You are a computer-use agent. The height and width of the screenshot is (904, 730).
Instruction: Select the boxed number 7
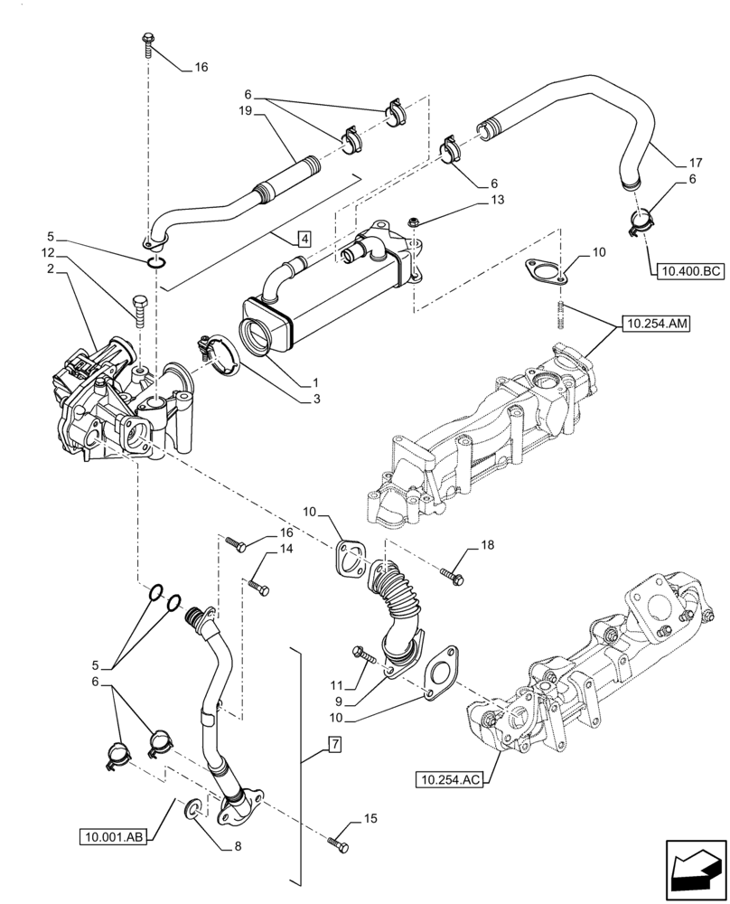pyautogui.click(x=333, y=745)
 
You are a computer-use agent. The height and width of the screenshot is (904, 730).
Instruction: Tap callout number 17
pyautogui.click(x=694, y=165)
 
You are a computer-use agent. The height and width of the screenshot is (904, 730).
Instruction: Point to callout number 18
pyautogui.click(x=488, y=545)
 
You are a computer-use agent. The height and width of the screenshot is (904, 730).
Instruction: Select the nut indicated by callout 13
pyautogui.click(x=411, y=221)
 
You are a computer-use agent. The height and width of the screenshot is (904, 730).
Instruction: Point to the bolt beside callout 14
pyautogui.click(x=259, y=589)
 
